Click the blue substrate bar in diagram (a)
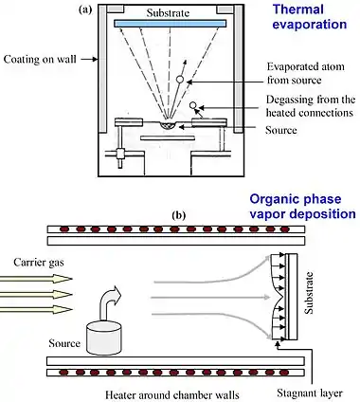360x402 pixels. click(x=171, y=24)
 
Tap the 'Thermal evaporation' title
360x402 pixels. click(x=310, y=17)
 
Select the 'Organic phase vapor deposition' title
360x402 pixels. click(x=302, y=207)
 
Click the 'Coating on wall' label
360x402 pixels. click(x=40, y=59)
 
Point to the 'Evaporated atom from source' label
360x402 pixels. click(x=306, y=73)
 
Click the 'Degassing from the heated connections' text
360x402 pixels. click(x=311, y=106)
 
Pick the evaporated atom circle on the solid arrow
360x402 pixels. click(x=180, y=80)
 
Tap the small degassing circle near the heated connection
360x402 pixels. click(x=192, y=105)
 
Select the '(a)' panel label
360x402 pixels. click(x=85, y=9)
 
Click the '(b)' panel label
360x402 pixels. click(x=179, y=215)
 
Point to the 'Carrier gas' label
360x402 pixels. click(x=39, y=263)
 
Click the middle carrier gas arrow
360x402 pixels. click(x=36, y=294)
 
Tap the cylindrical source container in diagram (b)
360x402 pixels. click(x=103, y=338)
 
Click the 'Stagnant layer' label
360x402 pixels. click(x=310, y=393)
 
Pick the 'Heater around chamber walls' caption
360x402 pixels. click(x=172, y=394)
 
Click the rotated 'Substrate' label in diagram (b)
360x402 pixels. click(x=310, y=293)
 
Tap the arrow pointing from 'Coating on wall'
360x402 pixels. click(x=89, y=59)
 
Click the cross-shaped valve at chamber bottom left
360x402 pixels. click(x=121, y=154)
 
